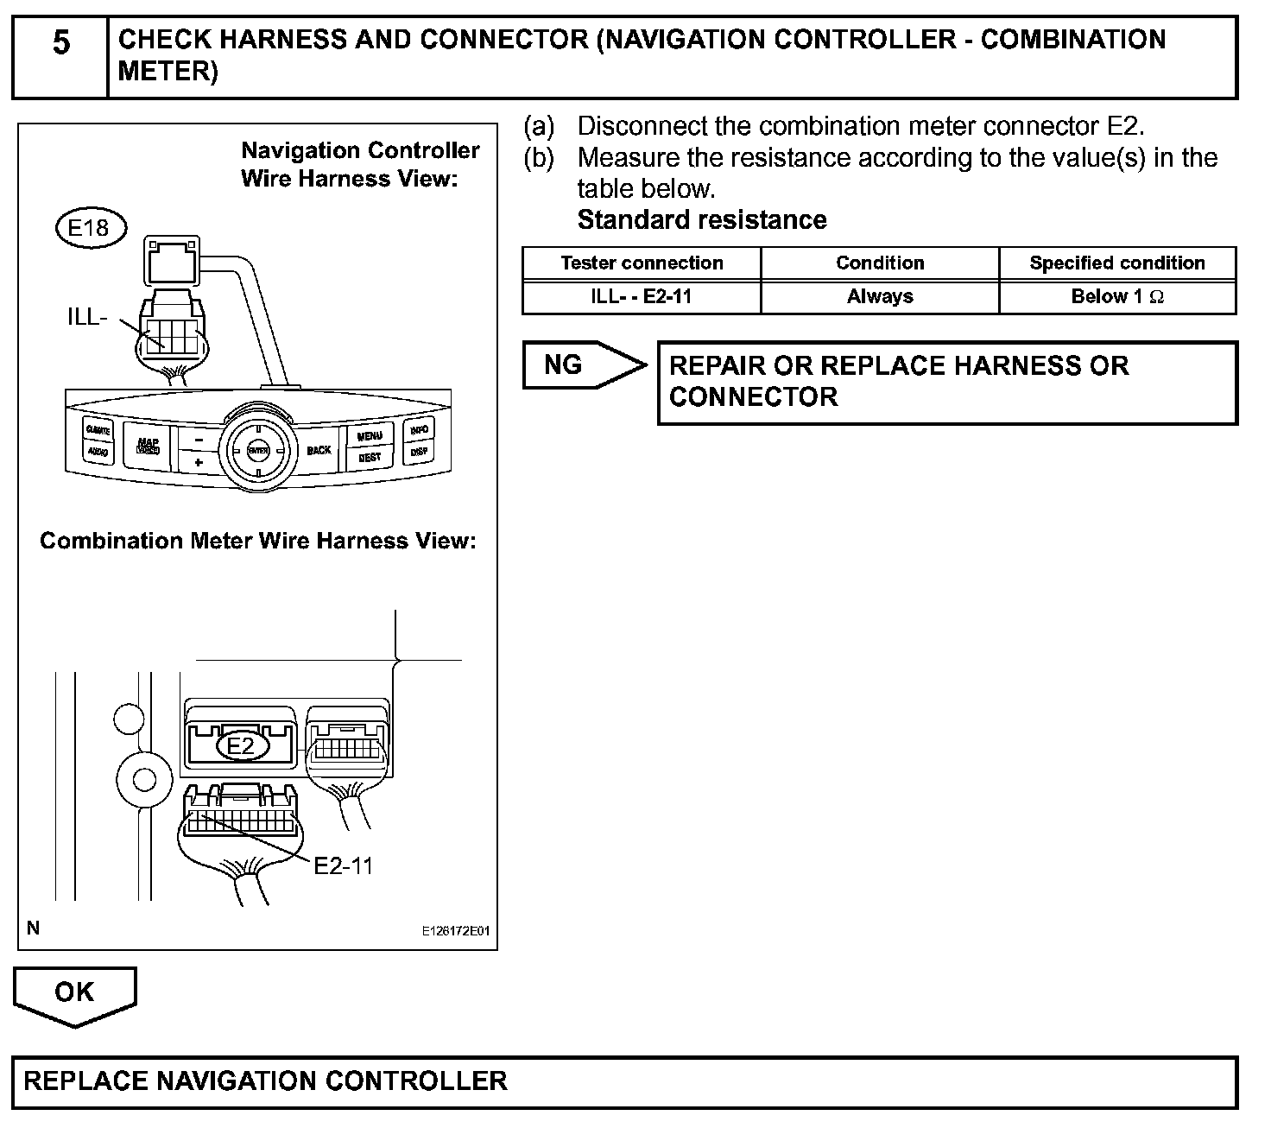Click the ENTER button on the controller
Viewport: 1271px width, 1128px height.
pyautogui.click(x=257, y=450)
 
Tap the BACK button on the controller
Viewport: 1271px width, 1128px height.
pyautogui.click(x=319, y=450)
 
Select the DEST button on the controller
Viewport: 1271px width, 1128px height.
pyautogui.click(x=370, y=457)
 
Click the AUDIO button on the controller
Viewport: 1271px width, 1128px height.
pyautogui.click(x=98, y=451)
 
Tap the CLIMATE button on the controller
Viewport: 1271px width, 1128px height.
pyautogui.click(x=98, y=429)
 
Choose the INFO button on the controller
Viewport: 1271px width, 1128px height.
pyautogui.click(x=420, y=429)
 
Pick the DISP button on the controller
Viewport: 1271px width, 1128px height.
pyautogui.click(x=419, y=451)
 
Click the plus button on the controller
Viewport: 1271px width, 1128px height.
pyautogui.click(x=198, y=462)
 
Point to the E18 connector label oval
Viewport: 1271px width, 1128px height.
pyautogui.click(x=90, y=227)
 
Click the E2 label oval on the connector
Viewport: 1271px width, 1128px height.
pyautogui.click(x=241, y=745)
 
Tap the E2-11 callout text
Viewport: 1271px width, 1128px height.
pyautogui.click(x=343, y=865)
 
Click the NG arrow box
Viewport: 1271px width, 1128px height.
pyautogui.click(x=579, y=365)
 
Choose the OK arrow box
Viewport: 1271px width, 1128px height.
pyautogui.click(x=74, y=993)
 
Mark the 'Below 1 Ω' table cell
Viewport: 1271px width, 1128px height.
pyautogui.click(x=1117, y=297)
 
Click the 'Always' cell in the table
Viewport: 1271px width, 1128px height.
pyautogui.click(x=879, y=297)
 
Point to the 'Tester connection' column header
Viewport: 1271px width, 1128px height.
pyautogui.click(x=642, y=263)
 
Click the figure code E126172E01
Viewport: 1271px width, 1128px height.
pyautogui.click(x=455, y=932)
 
